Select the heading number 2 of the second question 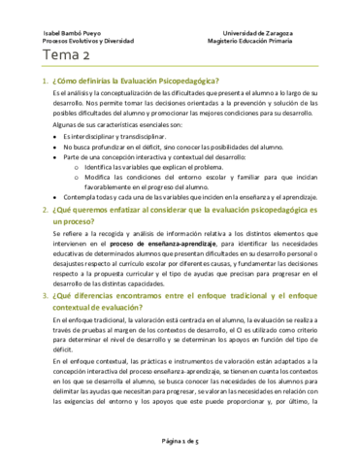[x=34, y=210]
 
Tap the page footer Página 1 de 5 [x=180, y=440]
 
